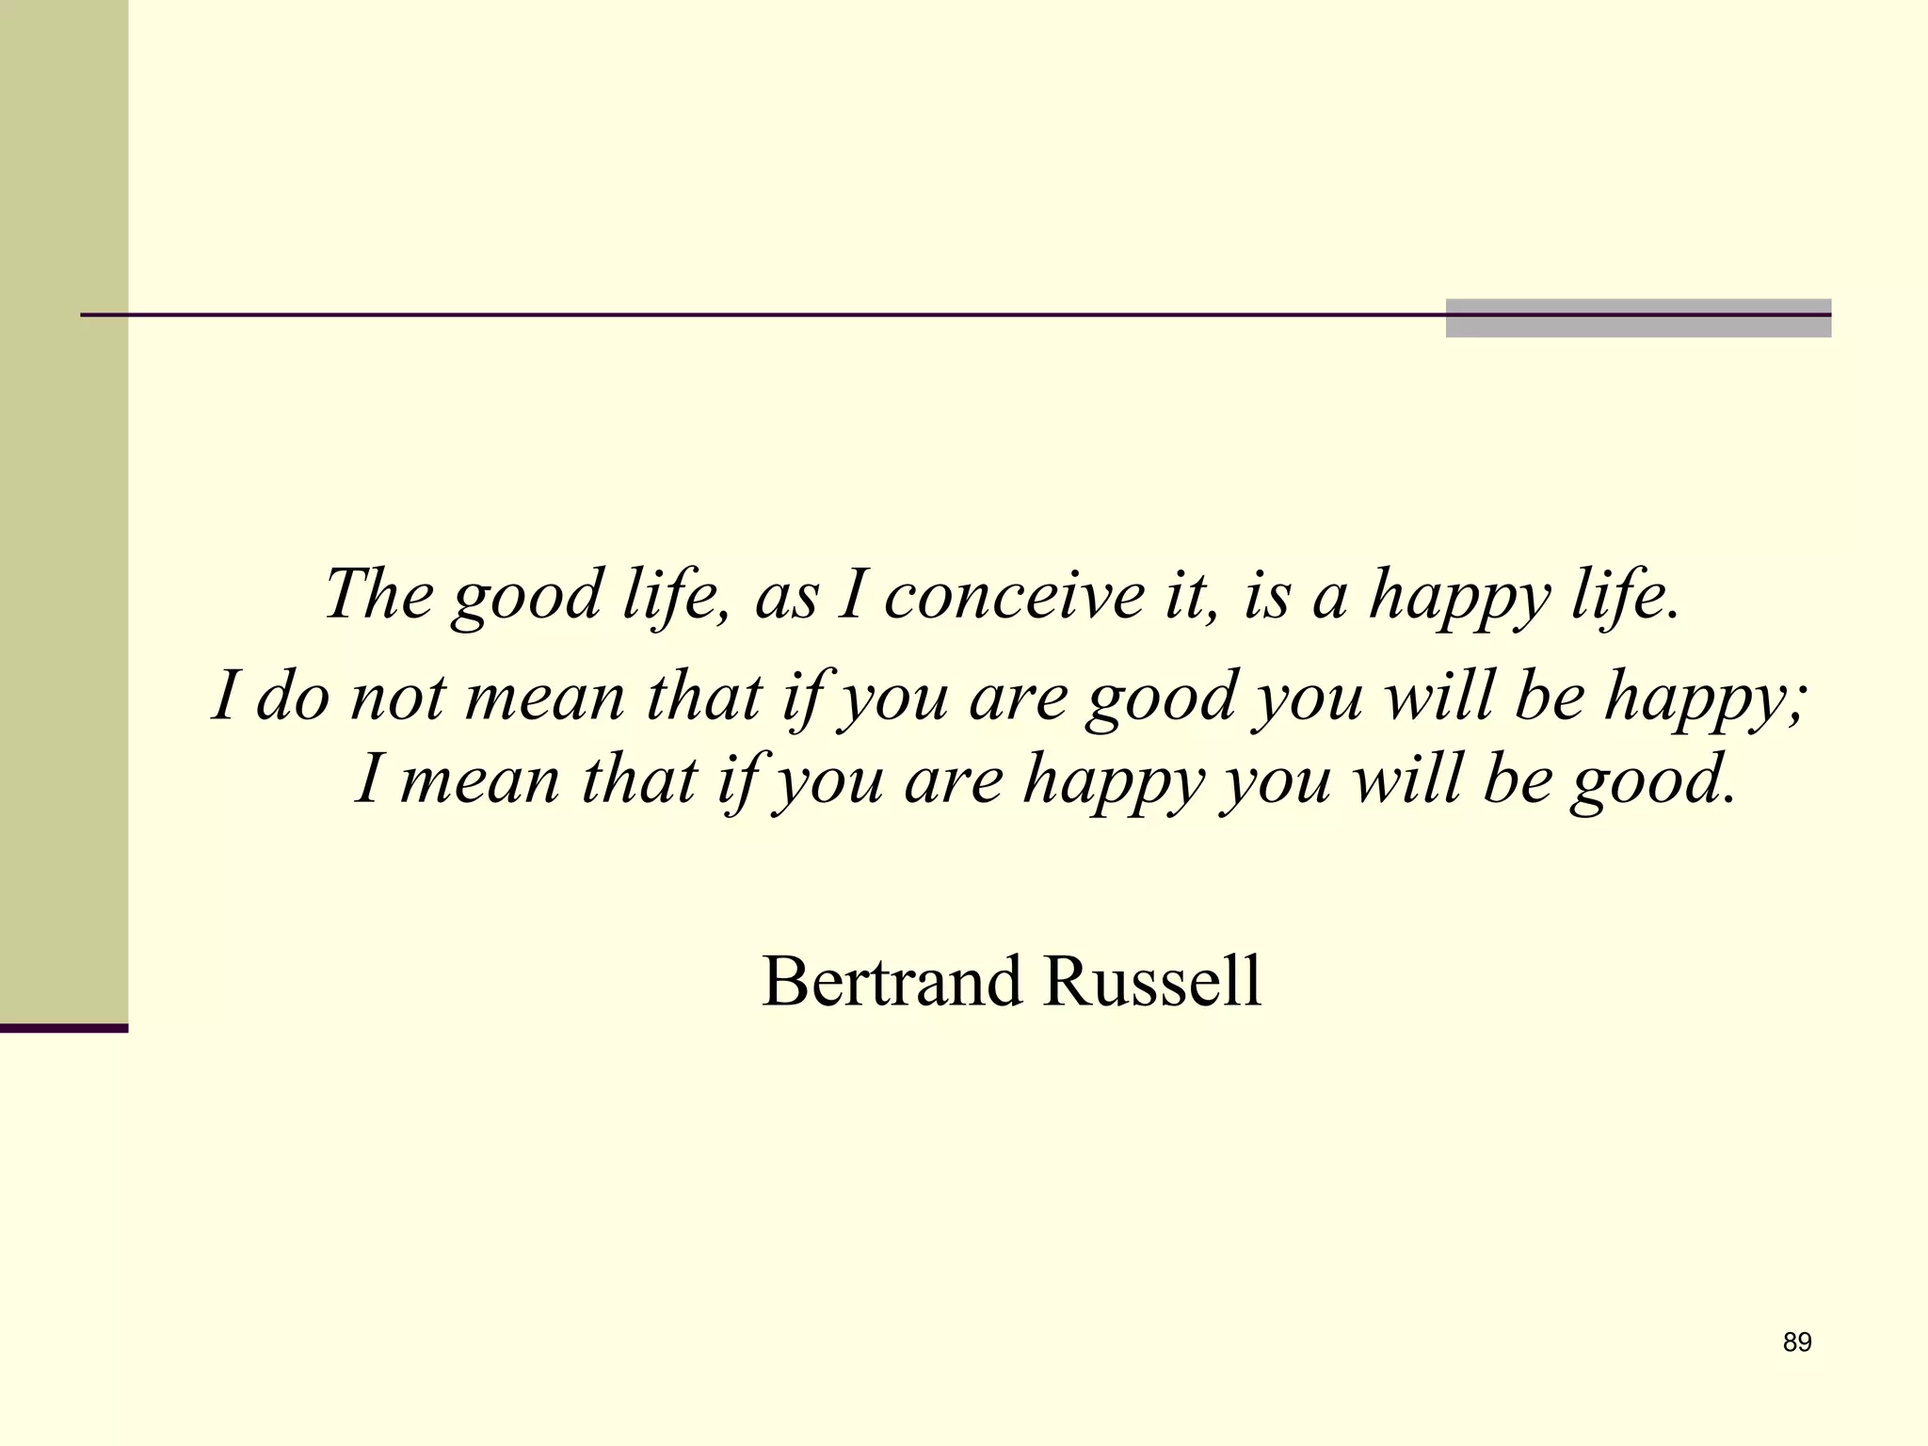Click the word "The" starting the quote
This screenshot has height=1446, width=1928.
pyautogui.click(x=379, y=594)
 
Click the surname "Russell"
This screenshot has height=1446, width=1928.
pyautogui.click(x=1152, y=981)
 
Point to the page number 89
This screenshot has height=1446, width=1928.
pyautogui.click(x=1797, y=1342)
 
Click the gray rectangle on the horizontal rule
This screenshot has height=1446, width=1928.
pyautogui.click(x=1638, y=318)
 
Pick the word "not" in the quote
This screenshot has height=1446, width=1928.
pyautogui.click(x=398, y=699)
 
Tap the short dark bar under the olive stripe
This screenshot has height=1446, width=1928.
pyautogui.click(x=64, y=1028)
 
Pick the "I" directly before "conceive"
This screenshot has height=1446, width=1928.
pyautogui.click(x=851, y=595)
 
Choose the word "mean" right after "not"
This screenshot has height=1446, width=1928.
pyautogui.click(x=545, y=699)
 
